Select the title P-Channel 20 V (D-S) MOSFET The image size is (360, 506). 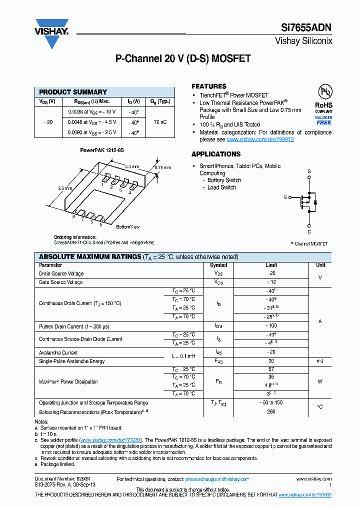point(183,59)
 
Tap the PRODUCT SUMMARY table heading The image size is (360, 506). point(73,92)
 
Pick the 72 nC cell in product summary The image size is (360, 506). point(160,122)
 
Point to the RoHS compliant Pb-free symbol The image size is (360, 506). point(324,92)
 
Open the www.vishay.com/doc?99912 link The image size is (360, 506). point(260,140)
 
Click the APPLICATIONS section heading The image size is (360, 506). point(216,154)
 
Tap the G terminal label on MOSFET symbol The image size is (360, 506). point(285,197)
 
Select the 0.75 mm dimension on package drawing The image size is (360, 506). point(162,167)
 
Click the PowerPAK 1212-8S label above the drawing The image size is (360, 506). point(102,150)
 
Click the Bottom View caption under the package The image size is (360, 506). point(128,227)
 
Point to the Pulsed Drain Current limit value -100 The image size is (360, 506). point(271,326)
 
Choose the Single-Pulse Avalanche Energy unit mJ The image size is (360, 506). point(320,361)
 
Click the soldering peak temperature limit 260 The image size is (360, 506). point(271,412)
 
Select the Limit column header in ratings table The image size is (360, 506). point(271,265)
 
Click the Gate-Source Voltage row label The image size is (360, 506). point(61,282)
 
